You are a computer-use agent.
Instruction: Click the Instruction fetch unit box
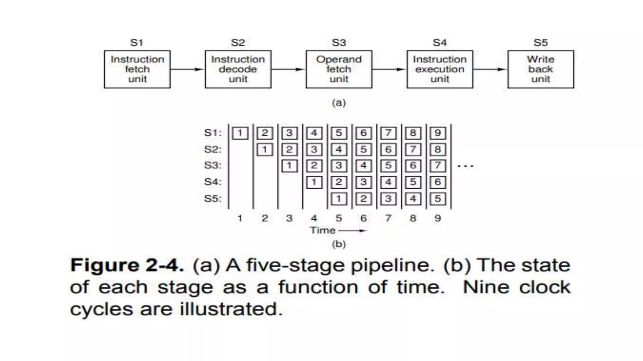(x=137, y=69)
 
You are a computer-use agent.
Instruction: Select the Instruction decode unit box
(x=238, y=69)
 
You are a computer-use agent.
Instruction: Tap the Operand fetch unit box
(x=339, y=69)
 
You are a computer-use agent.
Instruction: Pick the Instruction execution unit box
(x=440, y=69)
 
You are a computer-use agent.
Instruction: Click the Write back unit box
(x=541, y=69)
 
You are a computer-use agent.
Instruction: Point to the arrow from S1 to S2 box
(x=187, y=69)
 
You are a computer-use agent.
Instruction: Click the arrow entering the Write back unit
(x=490, y=69)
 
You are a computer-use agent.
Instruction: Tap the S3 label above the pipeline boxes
(x=339, y=43)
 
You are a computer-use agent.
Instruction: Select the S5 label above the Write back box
(x=541, y=43)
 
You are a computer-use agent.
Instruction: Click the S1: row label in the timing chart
(x=213, y=133)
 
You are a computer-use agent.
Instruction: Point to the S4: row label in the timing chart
(x=213, y=182)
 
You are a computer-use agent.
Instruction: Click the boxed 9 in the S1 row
(x=438, y=133)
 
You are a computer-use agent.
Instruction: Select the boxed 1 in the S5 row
(x=339, y=199)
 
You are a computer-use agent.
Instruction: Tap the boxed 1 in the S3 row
(x=289, y=165)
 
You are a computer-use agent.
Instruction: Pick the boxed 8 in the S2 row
(x=438, y=149)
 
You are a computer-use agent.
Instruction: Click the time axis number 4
(x=314, y=218)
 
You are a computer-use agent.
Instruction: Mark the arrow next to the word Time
(x=353, y=231)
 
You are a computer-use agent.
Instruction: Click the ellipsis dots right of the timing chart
(x=466, y=166)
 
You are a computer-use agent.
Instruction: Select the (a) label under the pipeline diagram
(x=339, y=103)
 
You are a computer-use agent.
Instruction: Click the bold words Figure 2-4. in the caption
(x=127, y=265)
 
